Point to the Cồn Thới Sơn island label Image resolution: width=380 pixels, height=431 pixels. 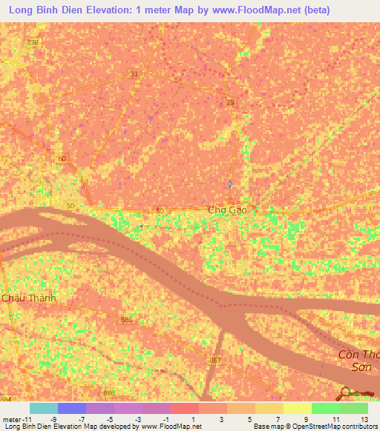(358, 361)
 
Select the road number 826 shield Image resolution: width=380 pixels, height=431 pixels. (31, 43)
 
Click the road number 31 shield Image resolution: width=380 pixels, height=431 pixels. (134, 74)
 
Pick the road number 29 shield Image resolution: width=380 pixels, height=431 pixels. (230, 102)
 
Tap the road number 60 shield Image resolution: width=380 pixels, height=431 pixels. (62, 158)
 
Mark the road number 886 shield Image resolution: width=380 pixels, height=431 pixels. (110, 392)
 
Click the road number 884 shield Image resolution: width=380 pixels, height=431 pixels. (6, 400)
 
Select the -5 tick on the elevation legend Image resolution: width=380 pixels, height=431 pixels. (109, 418)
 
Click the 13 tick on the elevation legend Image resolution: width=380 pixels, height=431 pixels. (364, 418)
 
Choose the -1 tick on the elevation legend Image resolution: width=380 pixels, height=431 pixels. (166, 418)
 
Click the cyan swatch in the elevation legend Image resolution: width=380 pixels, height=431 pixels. (43, 408)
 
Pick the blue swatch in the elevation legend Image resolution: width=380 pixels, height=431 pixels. (71, 408)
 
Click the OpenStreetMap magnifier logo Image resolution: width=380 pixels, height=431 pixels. (344, 393)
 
